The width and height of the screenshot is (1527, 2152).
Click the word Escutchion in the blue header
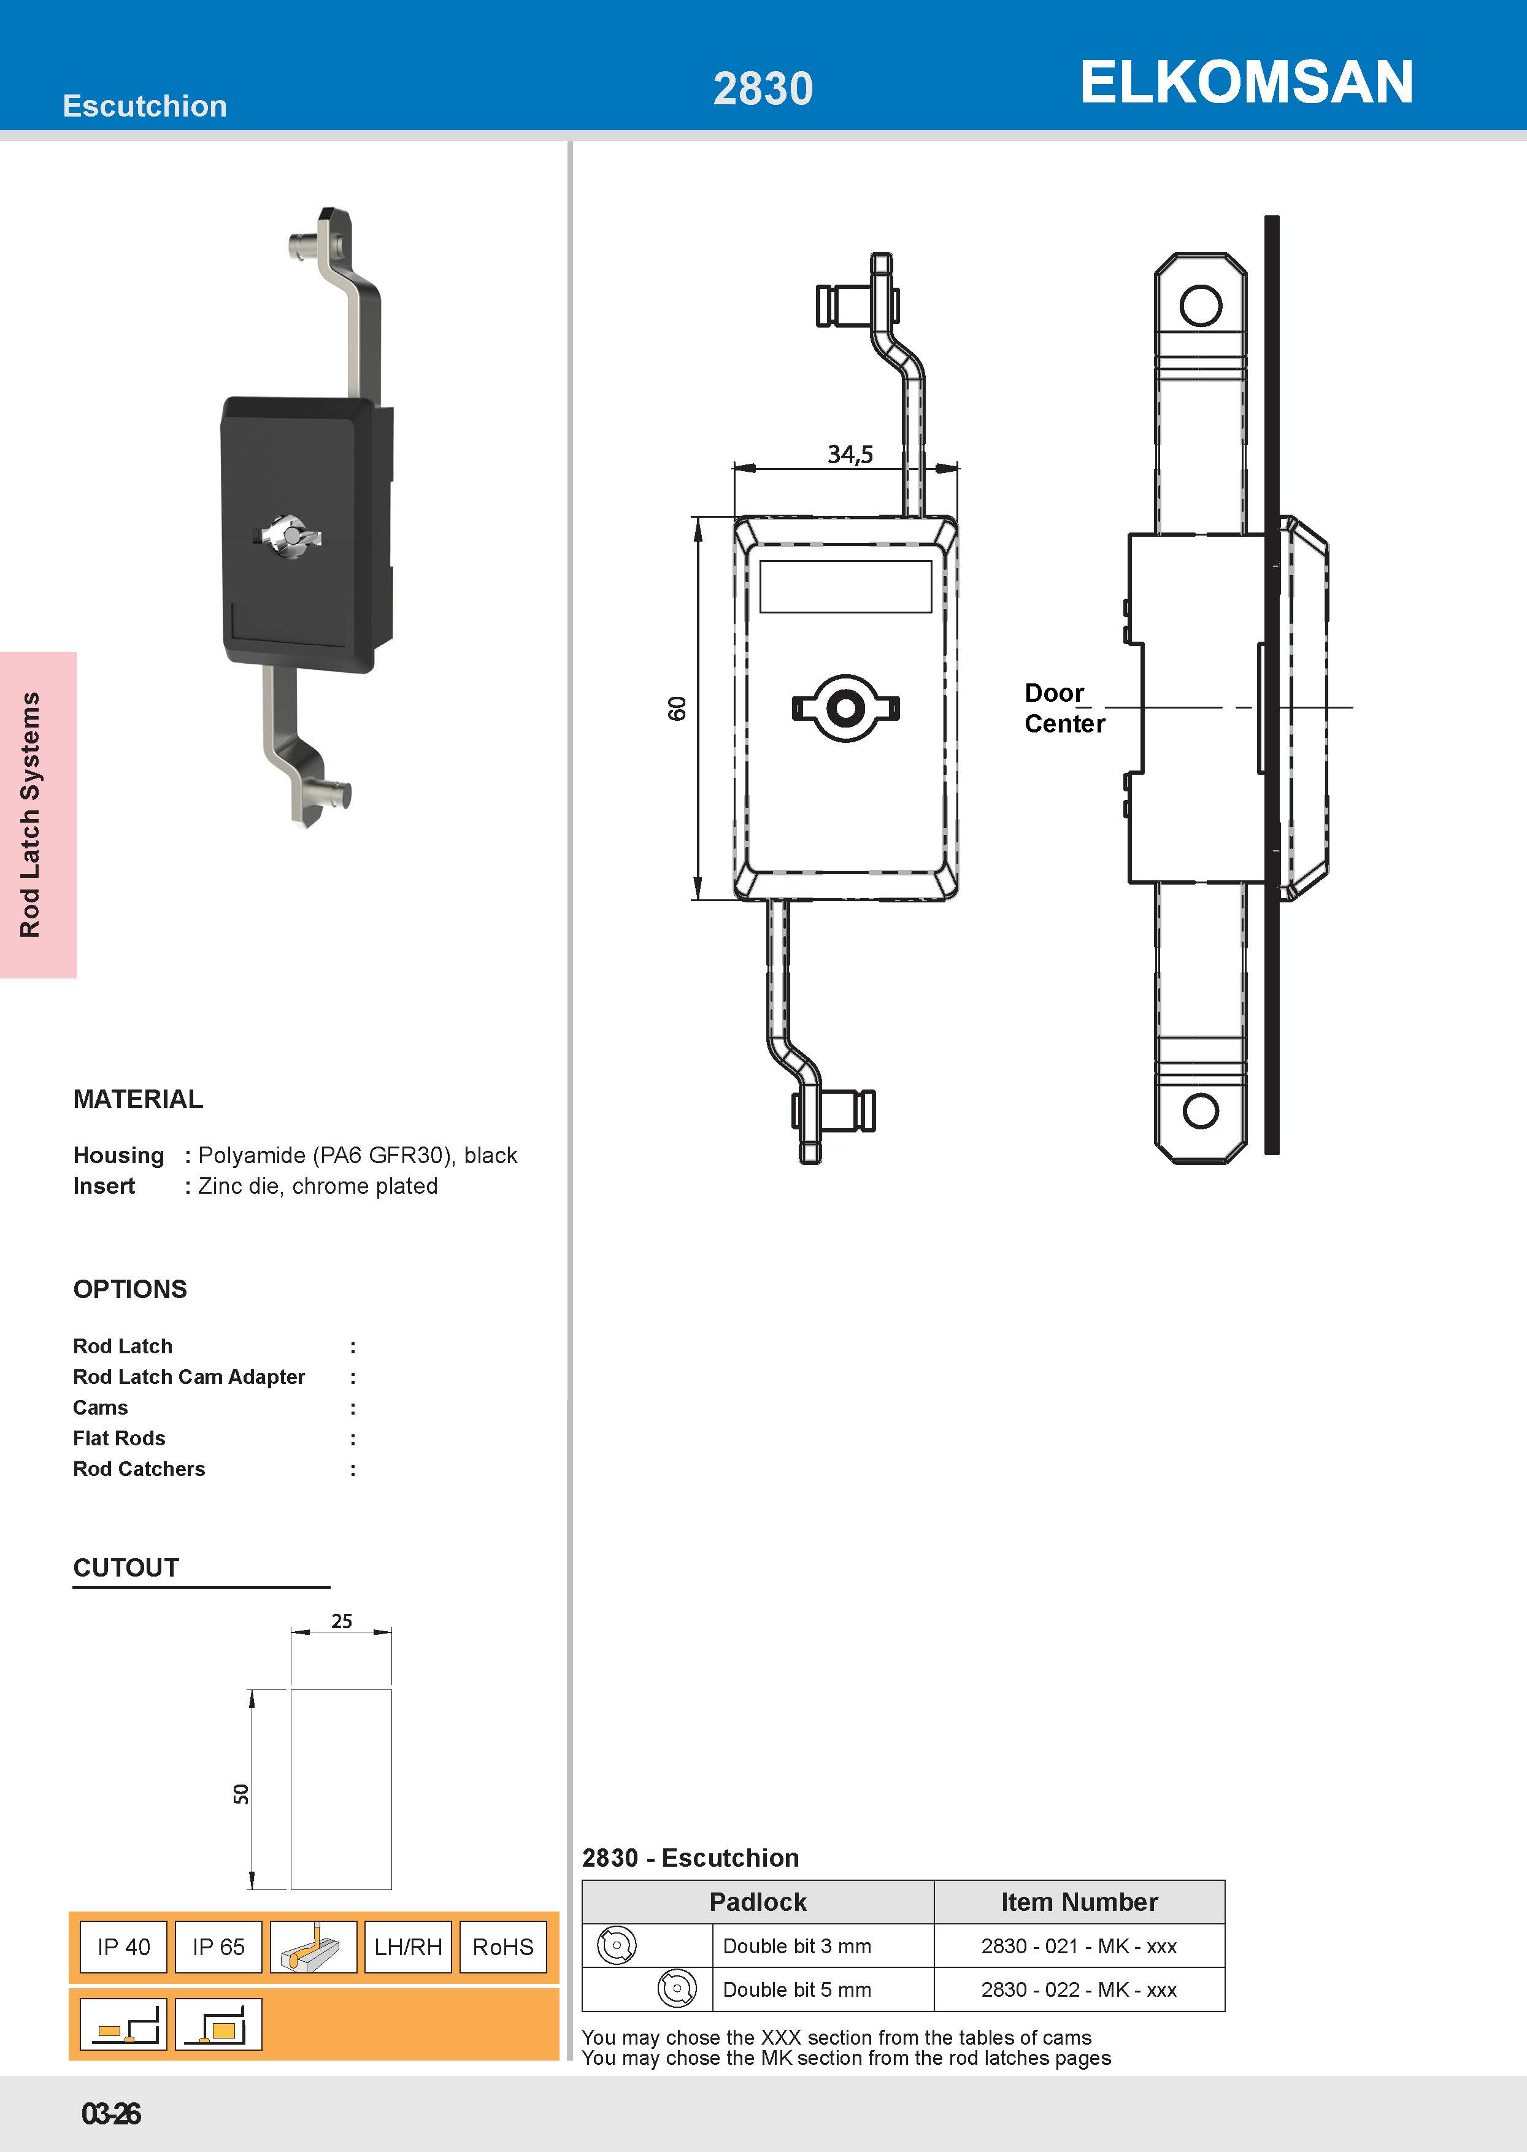point(145,106)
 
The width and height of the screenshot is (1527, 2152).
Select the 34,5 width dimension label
point(850,455)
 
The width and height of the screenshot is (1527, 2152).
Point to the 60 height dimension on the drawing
point(677,709)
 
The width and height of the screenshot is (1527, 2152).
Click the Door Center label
point(1064,708)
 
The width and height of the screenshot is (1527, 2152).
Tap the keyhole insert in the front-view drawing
point(845,708)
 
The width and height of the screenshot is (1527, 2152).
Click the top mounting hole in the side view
point(1201,306)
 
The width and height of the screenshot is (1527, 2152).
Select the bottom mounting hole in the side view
point(1201,1111)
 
